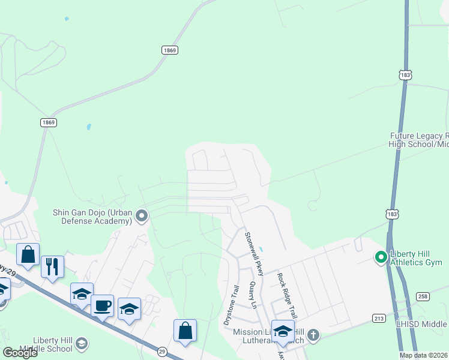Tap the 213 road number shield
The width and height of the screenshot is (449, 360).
(379, 318)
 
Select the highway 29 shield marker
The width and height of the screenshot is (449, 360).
(161, 352)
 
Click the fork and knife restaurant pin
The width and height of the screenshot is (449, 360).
(52, 266)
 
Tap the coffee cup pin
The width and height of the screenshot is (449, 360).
(102, 305)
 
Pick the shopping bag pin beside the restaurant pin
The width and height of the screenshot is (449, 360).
(28, 254)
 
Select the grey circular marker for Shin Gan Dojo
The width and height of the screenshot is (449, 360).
(142, 215)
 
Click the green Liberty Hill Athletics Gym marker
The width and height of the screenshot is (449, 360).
(381, 257)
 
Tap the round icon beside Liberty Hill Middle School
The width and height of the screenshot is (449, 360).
(82, 343)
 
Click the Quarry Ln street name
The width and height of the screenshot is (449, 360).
(253, 296)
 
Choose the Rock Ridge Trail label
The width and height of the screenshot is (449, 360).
(287, 295)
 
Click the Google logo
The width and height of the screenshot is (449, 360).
(20, 352)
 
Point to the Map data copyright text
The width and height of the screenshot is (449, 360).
(424, 355)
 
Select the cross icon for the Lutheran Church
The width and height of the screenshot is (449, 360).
(312, 335)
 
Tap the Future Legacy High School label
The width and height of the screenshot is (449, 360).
(418, 140)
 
